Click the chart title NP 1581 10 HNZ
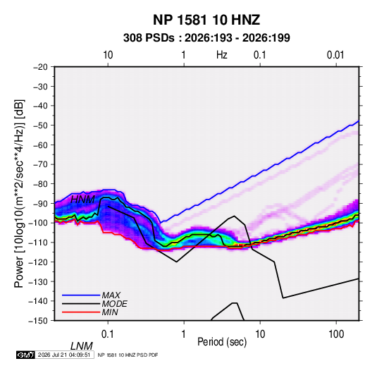[x=206, y=20]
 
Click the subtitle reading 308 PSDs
[x=149, y=38]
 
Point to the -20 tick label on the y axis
[x=40, y=67]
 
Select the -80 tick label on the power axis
[x=40, y=184]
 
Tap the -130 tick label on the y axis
[x=38, y=281]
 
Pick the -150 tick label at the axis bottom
[x=38, y=321]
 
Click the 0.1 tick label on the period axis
[x=108, y=334]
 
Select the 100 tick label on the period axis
[x=336, y=334]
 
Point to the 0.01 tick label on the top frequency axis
[x=335, y=55]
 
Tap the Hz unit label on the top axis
[x=222, y=55]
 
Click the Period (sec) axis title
[x=222, y=342]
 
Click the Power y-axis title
[x=19, y=193]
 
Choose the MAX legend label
[x=111, y=295]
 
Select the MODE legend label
[x=114, y=304]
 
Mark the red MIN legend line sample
[x=81, y=312]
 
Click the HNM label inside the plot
[x=82, y=200]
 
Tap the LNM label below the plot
[x=82, y=346]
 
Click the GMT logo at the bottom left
[x=26, y=355]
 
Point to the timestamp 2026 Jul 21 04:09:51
[x=64, y=355]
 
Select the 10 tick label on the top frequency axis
[x=108, y=55]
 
